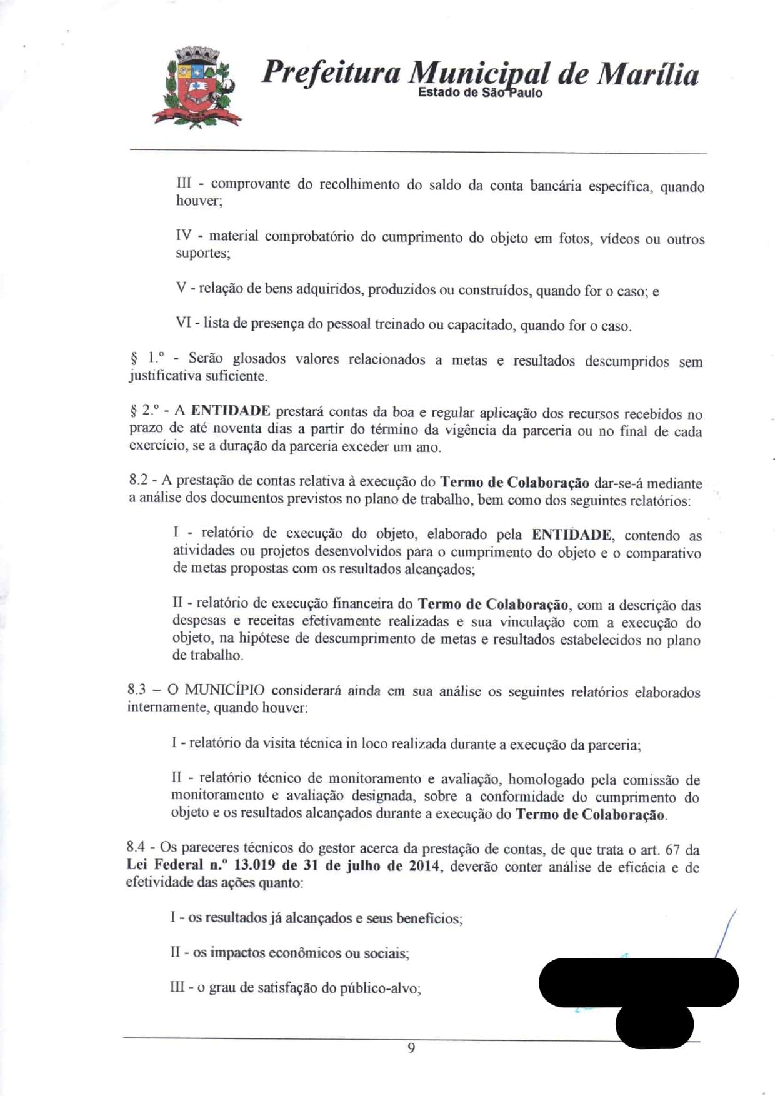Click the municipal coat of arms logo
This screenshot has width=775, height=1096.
click(x=197, y=88)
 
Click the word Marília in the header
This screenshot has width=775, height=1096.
click(x=647, y=74)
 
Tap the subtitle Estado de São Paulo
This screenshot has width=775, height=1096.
click(x=480, y=93)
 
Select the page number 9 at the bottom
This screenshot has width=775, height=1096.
click(x=411, y=1048)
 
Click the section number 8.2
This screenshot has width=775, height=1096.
click(x=138, y=480)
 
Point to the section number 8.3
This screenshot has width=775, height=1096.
click(x=136, y=689)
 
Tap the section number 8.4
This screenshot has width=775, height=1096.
click(x=136, y=847)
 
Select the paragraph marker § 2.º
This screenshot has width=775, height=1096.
click(x=144, y=410)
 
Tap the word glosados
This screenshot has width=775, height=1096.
click(x=259, y=359)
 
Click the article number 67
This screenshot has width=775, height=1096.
click(x=672, y=850)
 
